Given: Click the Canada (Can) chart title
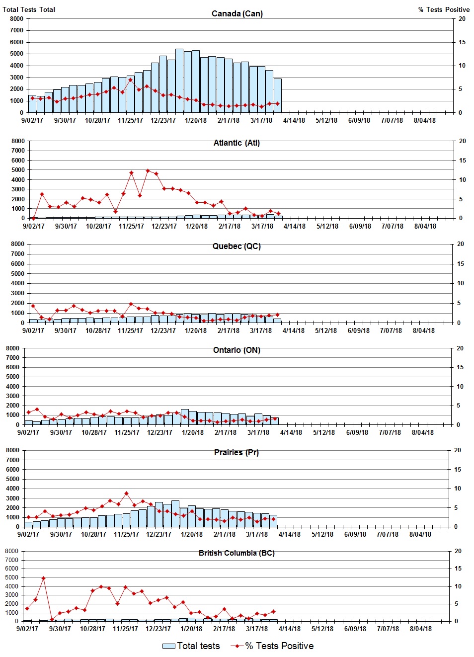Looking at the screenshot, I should click(237, 13).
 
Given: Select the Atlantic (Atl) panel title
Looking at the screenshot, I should click(237, 143).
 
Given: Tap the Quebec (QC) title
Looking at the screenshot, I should click(237, 246).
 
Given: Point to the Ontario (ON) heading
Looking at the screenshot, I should click(237, 350).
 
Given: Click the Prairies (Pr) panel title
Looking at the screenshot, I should click(236, 453).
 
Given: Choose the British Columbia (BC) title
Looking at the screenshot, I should click(237, 553).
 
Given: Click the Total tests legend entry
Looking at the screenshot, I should click(191, 646).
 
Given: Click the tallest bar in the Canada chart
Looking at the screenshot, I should click(179, 81).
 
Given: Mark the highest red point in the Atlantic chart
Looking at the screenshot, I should click(148, 170).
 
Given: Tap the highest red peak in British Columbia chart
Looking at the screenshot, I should click(44, 578).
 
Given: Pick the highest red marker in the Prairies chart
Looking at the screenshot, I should click(127, 493).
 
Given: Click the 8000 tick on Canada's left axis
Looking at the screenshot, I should click(17, 19).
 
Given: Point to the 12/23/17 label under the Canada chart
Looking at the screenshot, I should click(163, 120).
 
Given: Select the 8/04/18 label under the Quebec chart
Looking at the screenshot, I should click(424, 330).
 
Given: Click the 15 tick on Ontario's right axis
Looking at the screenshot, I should click(460, 367).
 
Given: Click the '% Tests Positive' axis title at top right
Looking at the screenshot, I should click(444, 9).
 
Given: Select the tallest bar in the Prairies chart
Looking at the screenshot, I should click(175, 513).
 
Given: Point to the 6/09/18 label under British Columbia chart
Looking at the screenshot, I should click(355, 629).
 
